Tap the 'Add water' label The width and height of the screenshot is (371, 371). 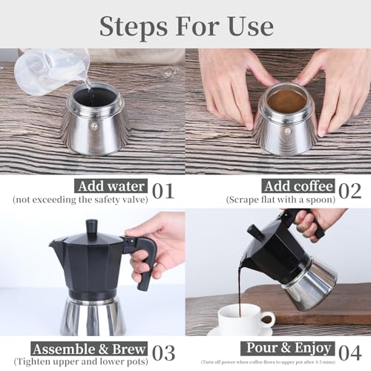point(111,186)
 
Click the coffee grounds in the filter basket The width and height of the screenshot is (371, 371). point(286,101)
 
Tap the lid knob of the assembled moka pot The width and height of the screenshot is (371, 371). point(92,227)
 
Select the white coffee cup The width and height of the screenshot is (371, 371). point(242,319)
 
